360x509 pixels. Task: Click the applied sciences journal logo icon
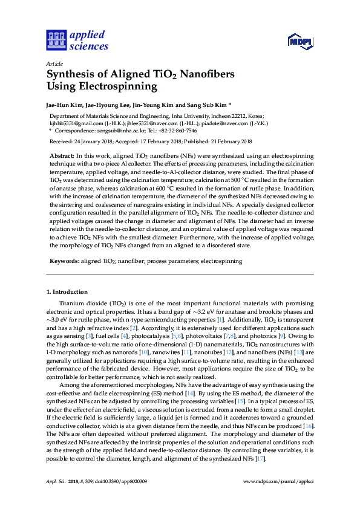(56, 41)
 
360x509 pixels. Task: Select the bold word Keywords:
(64, 261)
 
